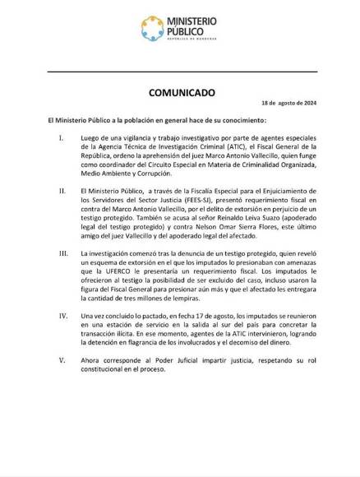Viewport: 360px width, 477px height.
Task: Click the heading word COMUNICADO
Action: (x=179, y=94)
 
